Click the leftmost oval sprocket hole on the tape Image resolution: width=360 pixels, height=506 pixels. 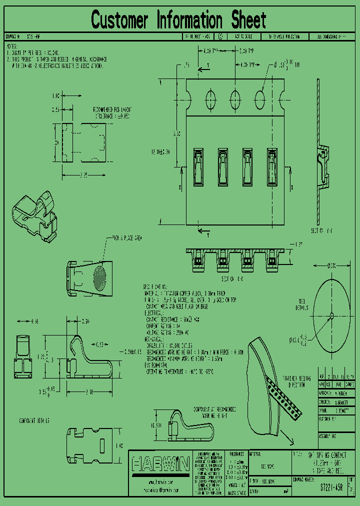coord(209,96)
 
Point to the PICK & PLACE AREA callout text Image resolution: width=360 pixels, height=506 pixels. coord(126,238)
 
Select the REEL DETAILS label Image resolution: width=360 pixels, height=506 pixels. coord(302,304)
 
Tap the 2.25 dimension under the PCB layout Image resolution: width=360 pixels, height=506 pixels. coord(83,175)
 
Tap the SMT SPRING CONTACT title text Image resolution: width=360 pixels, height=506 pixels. coord(325,455)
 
